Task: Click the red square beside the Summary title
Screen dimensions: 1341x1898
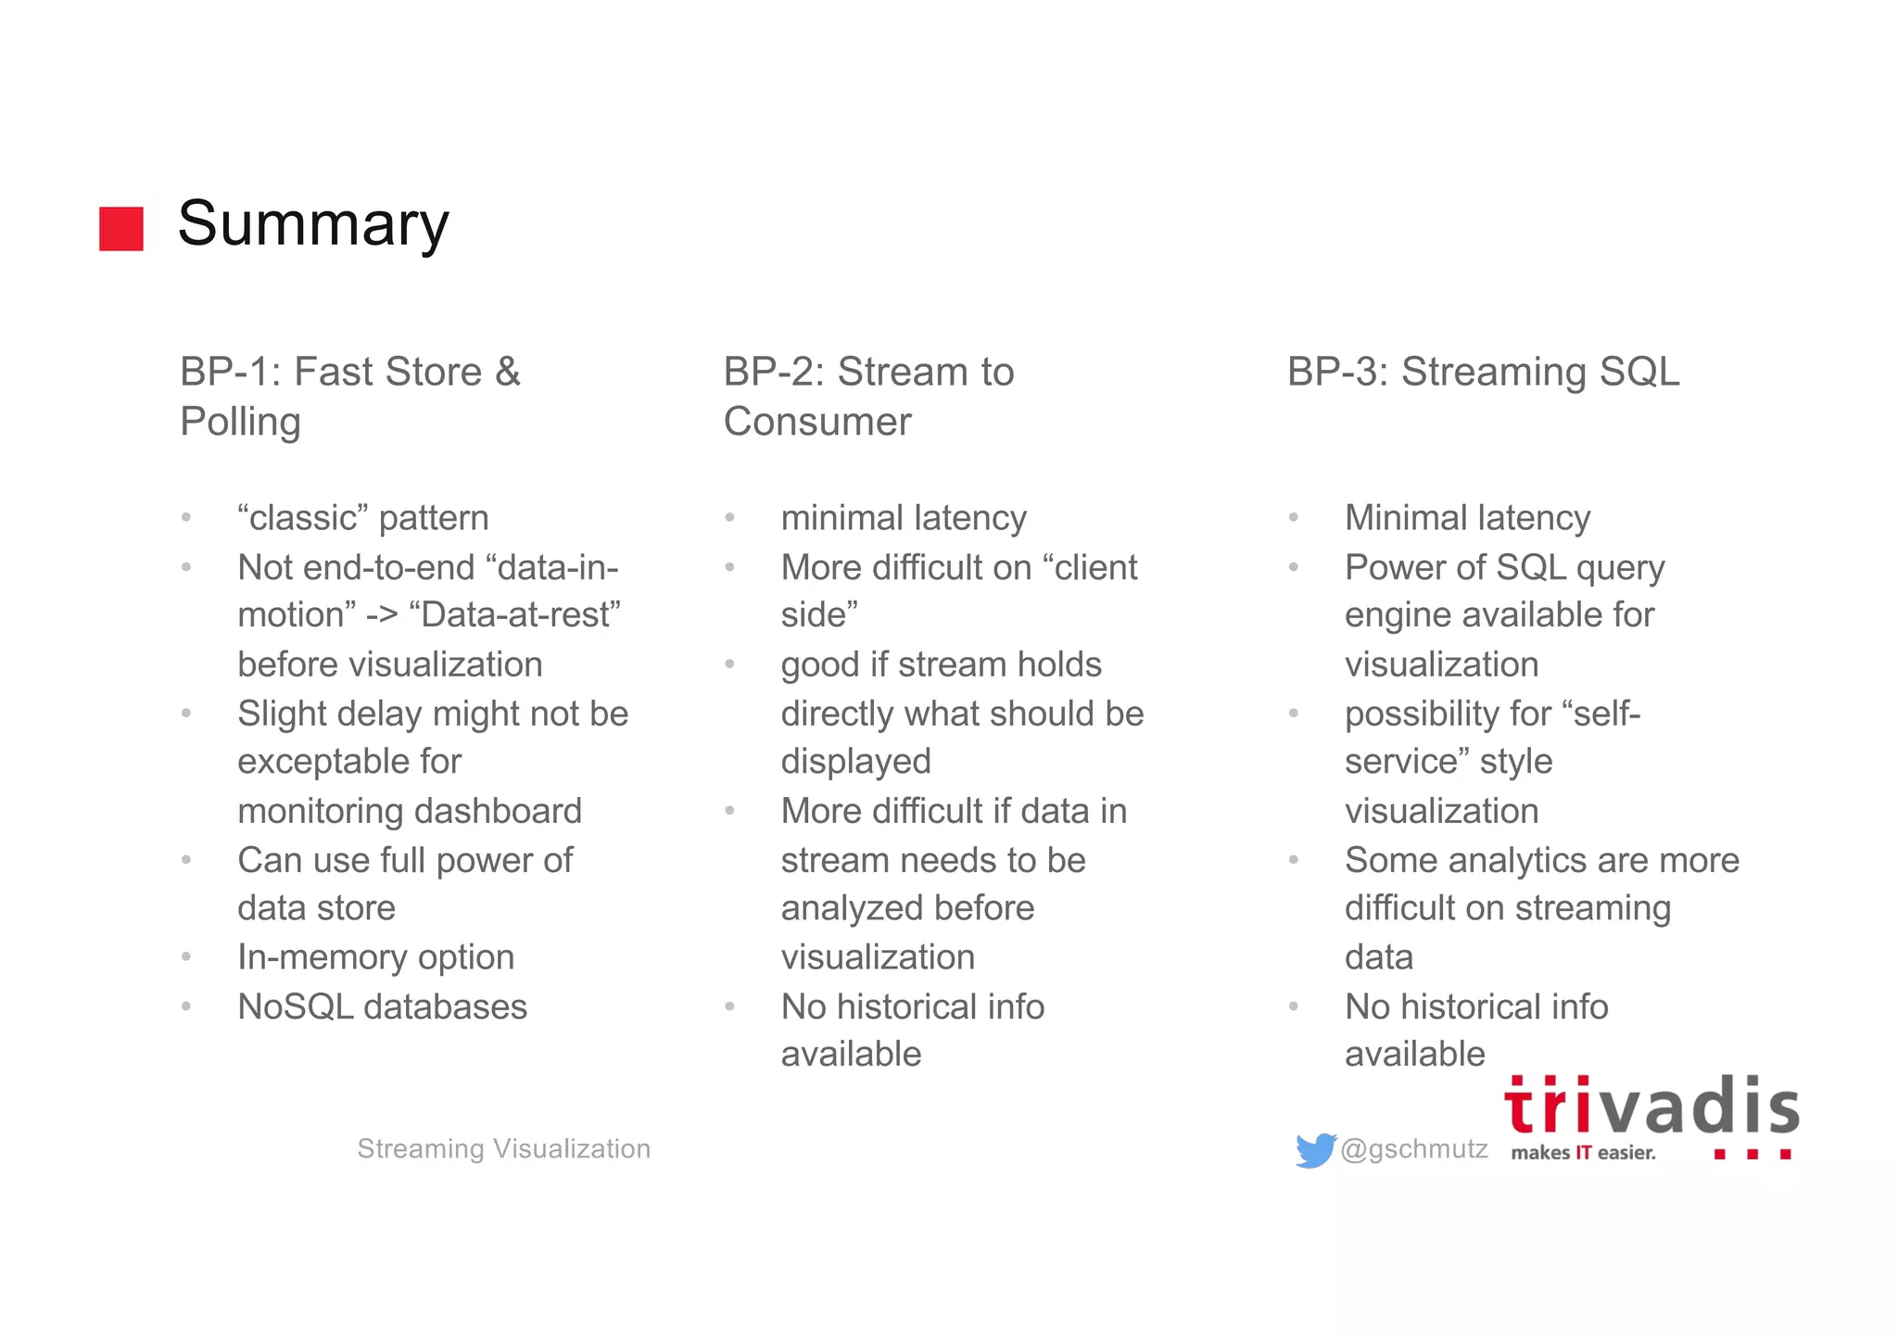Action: [x=121, y=228]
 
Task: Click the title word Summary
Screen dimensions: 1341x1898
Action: [x=313, y=224]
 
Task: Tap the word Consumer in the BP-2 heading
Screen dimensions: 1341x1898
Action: [x=817, y=422]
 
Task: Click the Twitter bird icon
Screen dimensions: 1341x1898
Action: [x=1315, y=1150]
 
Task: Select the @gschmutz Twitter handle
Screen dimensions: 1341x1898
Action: [x=1414, y=1149]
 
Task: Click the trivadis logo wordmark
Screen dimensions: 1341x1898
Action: [x=1651, y=1107]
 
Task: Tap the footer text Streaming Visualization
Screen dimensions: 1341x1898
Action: [x=504, y=1149]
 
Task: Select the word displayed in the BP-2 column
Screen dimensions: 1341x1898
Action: [x=855, y=762]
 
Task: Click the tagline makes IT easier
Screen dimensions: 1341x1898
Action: [x=1583, y=1153]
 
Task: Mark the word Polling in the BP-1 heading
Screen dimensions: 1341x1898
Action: [x=240, y=422]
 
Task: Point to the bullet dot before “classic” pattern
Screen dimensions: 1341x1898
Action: [x=186, y=518]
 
